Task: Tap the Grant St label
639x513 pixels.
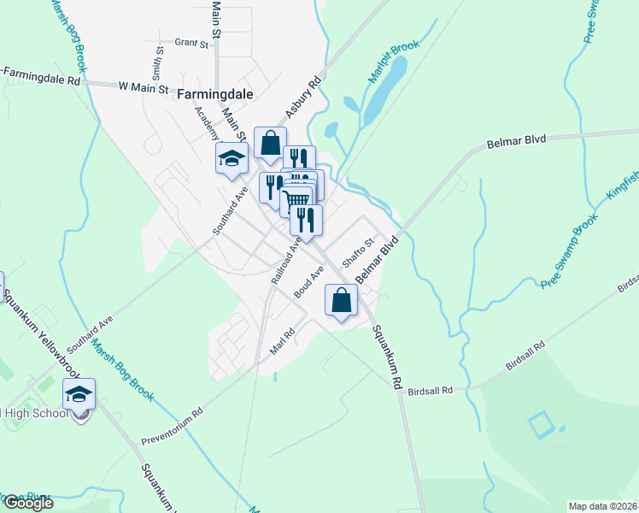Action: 191,41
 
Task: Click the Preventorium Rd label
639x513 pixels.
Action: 173,424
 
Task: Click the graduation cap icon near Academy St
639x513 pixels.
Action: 231,158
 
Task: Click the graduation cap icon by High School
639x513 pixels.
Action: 79,394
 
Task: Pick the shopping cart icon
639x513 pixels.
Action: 296,201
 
